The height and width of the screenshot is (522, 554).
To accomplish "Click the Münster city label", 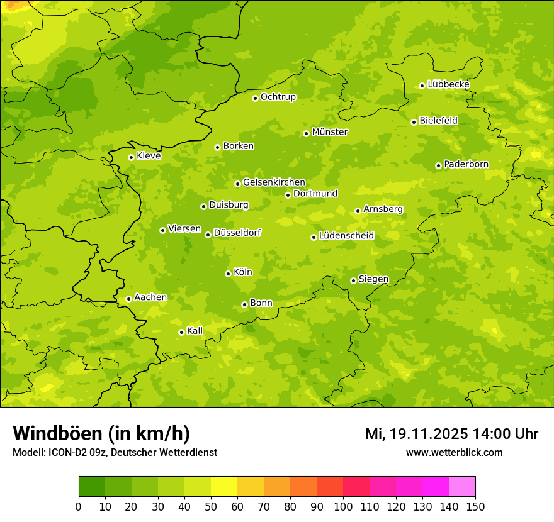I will (x=329, y=132).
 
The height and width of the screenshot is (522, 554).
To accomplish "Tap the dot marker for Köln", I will (x=228, y=274).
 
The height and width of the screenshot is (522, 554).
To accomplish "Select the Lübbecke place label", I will (x=448, y=84).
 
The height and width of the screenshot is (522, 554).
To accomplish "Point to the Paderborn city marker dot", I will (x=438, y=166).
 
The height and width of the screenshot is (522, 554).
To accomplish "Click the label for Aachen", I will (x=150, y=297).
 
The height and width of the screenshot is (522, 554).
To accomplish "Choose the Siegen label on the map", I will (x=373, y=279).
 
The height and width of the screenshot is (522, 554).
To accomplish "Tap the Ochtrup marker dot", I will (x=255, y=98).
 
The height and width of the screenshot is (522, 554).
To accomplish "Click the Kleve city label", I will (x=149, y=156).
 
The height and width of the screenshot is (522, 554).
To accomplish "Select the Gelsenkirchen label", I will (x=274, y=182).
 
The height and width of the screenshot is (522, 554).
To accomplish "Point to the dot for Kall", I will (x=181, y=332).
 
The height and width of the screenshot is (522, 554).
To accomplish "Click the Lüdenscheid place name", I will (x=346, y=236).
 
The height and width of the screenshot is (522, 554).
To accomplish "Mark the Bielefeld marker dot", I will (x=414, y=122).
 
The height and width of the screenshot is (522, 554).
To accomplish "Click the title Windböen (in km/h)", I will (x=101, y=433).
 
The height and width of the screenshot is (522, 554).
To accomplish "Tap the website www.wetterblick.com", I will (x=455, y=452).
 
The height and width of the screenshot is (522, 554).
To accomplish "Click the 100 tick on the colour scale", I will (x=343, y=507).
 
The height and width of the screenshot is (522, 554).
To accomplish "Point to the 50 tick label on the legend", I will (x=211, y=507).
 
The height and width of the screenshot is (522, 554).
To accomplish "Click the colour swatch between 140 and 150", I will (x=462, y=486).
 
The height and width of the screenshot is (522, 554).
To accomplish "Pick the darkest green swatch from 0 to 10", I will (x=92, y=486).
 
